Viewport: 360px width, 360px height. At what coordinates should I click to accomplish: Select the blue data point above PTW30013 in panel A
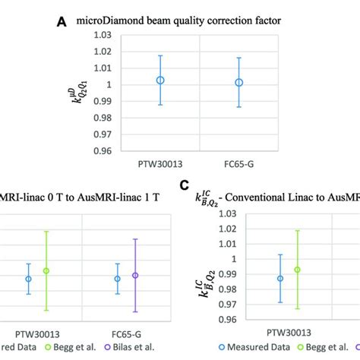point(160,81)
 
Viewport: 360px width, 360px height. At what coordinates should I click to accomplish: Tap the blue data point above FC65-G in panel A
point(238,82)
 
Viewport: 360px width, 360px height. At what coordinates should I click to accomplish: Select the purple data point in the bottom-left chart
point(135,276)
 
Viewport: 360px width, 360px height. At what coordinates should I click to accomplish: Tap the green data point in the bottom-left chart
point(46,270)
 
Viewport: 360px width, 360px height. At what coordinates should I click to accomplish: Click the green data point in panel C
point(297,270)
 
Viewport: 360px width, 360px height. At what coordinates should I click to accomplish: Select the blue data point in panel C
point(279,279)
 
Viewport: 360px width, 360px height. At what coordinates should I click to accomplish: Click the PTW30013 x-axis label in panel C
point(288,332)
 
